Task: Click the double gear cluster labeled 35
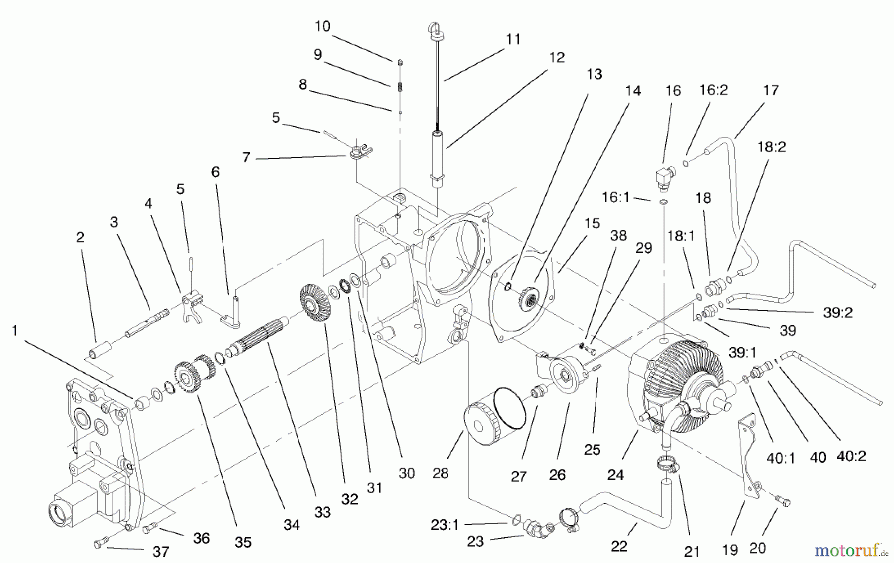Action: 194,376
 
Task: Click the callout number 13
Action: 594,74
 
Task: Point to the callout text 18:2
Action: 771,147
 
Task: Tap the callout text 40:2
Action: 851,456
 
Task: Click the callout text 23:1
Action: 445,525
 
